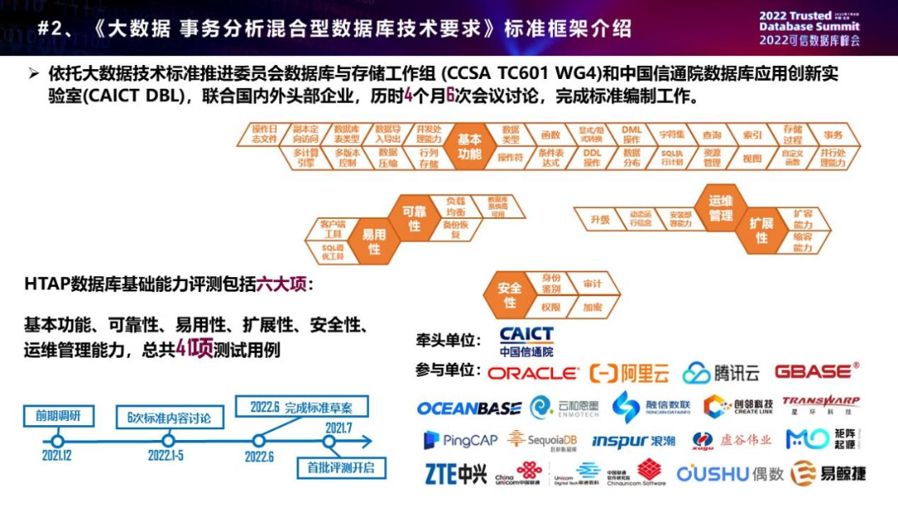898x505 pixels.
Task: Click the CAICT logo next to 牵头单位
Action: pyautogui.click(x=526, y=341)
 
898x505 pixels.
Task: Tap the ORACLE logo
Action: pyautogui.click(x=532, y=374)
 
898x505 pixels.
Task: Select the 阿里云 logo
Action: pyautogui.click(x=629, y=374)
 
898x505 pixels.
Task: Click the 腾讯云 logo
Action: pyautogui.click(x=721, y=373)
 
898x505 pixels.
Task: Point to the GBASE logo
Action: pyautogui.click(x=817, y=371)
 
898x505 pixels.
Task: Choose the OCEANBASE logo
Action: pyautogui.click(x=469, y=408)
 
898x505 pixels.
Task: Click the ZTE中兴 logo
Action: pyautogui.click(x=456, y=473)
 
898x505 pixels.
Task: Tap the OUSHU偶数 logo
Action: pyautogui.click(x=730, y=473)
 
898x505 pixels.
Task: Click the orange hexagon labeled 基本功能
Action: pyautogui.click(x=469, y=147)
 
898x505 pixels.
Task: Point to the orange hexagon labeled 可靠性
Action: pyautogui.click(x=413, y=218)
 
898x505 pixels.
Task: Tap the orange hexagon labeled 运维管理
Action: pyautogui.click(x=720, y=208)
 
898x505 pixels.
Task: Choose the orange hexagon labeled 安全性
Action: pyautogui.click(x=510, y=295)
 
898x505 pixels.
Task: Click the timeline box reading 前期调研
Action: pyautogui.click(x=58, y=415)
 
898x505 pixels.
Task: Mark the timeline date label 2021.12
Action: pyautogui.click(x=57, y=456)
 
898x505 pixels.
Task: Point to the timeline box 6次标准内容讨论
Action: pyautogui.click(x=169, y=417)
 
